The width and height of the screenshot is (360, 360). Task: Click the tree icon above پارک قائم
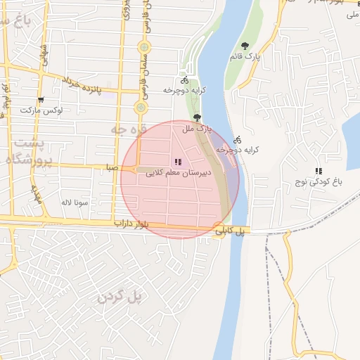tap(245, 46)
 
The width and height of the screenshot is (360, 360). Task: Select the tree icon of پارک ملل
tap(197, 118)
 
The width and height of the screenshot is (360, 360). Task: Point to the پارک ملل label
tap(196, 129)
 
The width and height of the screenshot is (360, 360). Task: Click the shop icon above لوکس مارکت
tap(41, 101)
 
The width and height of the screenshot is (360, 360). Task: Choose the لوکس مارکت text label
tap(41, 111)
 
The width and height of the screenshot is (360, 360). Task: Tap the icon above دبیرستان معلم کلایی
tap(178, 162)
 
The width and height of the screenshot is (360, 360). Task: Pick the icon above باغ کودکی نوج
tap(319, 171)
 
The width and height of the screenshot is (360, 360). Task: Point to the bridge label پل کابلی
tap(233, 230)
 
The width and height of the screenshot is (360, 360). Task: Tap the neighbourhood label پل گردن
tap(120, 297)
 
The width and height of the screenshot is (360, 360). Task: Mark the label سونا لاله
tap(73, 202)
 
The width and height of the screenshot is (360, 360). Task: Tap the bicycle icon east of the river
tap(238, 139)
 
